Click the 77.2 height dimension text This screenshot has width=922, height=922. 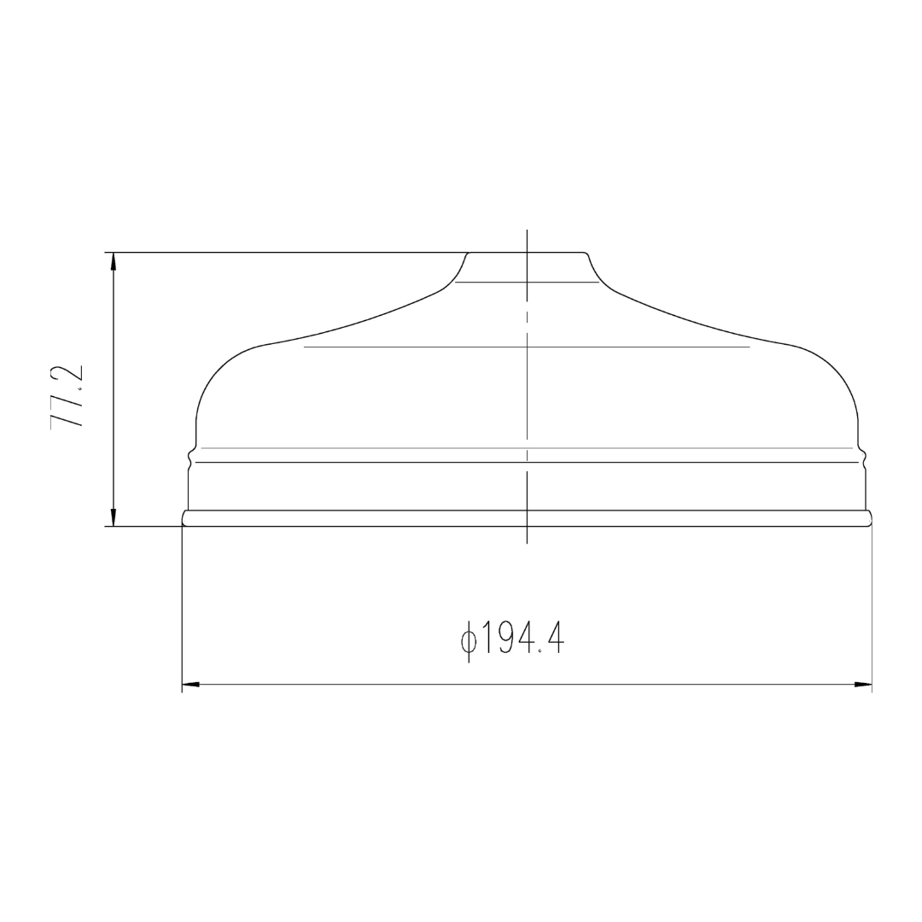pos(67,398)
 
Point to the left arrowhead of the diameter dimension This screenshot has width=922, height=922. pos(191,685)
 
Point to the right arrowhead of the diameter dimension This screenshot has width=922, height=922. pos(862,685)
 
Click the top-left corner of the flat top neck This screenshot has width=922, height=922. pos(469,253)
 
